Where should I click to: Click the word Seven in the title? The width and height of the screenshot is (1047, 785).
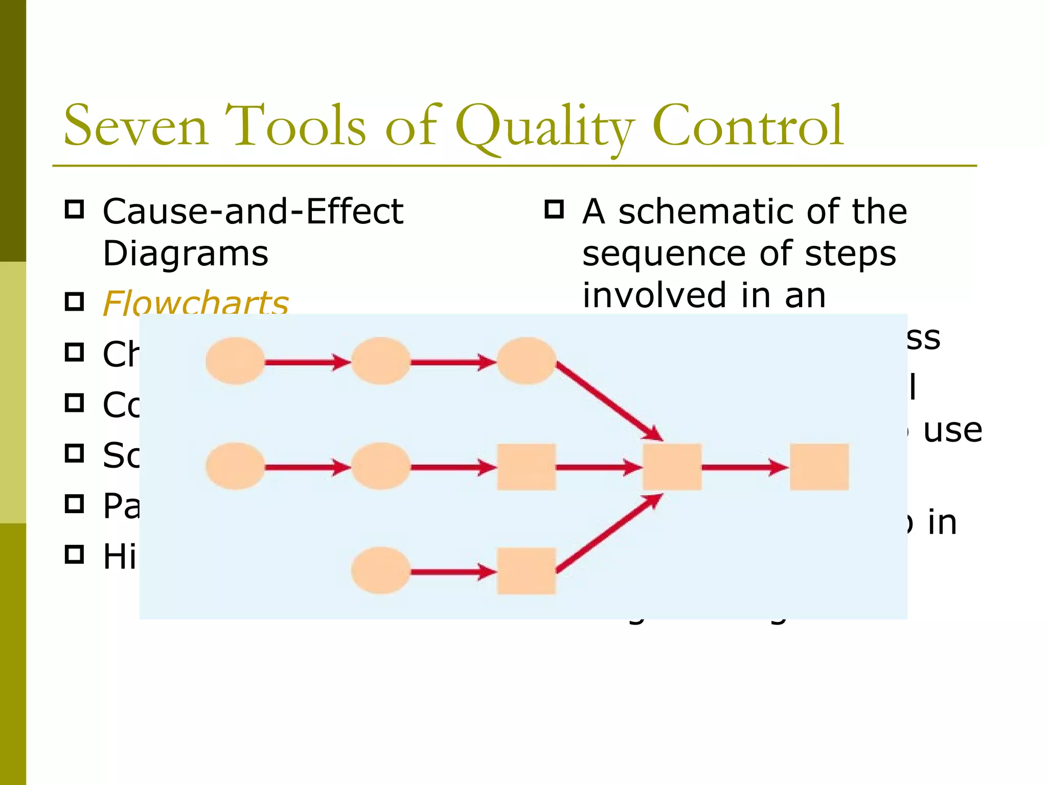click(135, 126)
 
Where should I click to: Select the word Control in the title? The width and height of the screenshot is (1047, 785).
click(747, 126)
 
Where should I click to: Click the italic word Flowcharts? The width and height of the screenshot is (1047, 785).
click(195, 303)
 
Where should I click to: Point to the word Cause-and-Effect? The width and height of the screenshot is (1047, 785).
click(253, 211)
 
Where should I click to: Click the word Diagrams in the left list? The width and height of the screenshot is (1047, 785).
click(185, 253)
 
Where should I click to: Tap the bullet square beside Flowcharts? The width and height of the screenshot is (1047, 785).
click(75, 302)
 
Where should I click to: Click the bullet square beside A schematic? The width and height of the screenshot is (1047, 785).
click(554, 210)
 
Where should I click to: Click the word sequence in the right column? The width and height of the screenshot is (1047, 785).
click(664, 253)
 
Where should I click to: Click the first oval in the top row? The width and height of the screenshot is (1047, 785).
click(235, 361)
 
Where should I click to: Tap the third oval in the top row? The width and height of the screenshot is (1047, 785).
click(526, 361)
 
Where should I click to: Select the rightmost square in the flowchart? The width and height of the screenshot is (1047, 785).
click(819, 467)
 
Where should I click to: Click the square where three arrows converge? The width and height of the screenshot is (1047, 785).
click(672, 467)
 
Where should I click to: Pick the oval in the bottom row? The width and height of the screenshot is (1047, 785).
click(380, 570)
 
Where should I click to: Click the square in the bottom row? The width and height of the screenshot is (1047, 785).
click(526, 571)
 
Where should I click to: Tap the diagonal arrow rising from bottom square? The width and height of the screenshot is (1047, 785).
click(608, 534)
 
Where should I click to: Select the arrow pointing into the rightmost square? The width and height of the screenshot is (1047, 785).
click(744, 467)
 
